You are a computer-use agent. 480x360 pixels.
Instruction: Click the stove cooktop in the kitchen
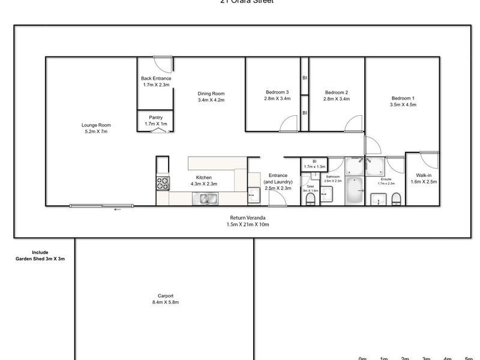click(163, 183)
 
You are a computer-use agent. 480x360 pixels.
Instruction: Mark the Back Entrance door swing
click(164, 65)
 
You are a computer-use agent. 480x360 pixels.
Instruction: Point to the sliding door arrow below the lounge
click(118, 209)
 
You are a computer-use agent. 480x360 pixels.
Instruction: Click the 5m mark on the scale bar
click(469, 358)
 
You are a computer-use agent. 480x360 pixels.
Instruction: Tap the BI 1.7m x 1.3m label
click(314, 164)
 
